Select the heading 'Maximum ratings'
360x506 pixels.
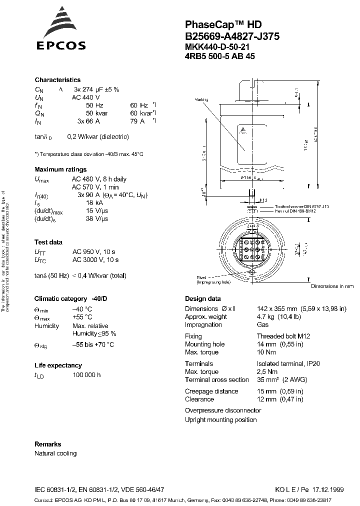[x=60, y=169]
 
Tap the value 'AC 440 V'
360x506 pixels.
[x=86, y=97]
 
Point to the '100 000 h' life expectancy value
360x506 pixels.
[x=86, y=375]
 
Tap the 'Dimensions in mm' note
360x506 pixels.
[x=332, y=286]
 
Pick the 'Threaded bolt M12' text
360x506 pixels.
[x=283, y=336]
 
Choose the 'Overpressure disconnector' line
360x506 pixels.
[x=223, y=410]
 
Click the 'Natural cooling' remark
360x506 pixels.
[x=55, y=453]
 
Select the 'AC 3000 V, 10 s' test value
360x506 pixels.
[x=95, y=260]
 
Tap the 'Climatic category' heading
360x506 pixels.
[x=71, y=298]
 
